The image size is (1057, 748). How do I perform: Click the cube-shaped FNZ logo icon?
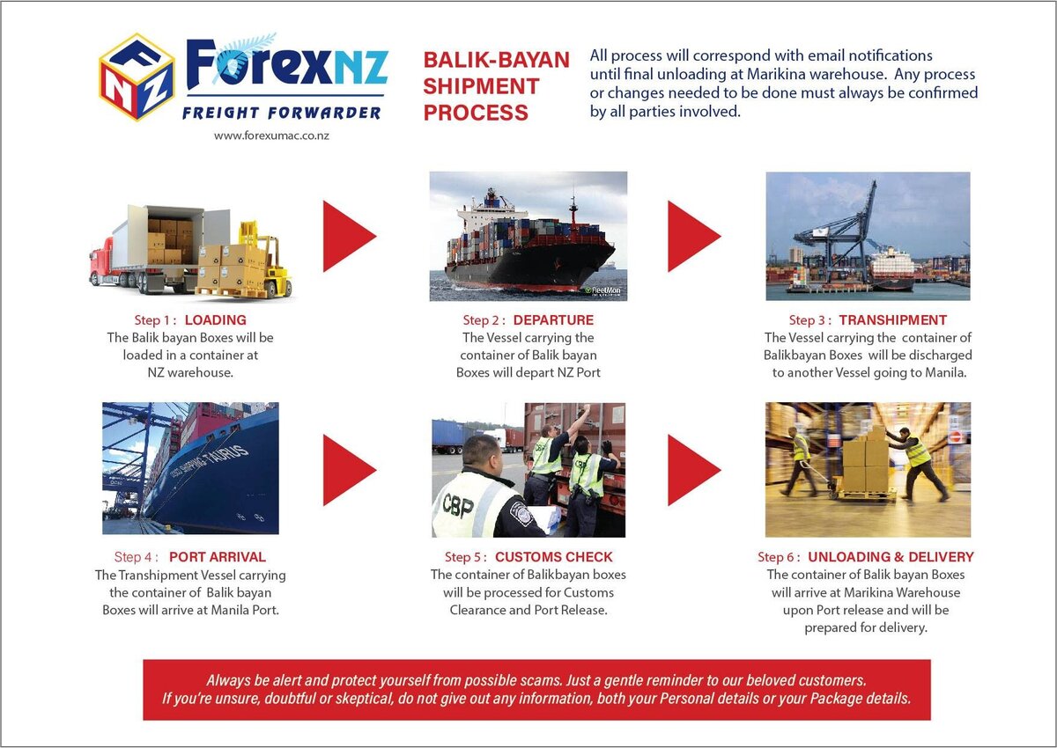tap(136, 77)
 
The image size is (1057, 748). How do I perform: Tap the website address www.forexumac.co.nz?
tap(271, 136)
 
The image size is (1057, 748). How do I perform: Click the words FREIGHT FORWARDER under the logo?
tap(281, 112)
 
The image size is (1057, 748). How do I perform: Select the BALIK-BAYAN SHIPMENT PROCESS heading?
tap(495, 86)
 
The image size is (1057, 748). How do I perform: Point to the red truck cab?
tap(107, 262)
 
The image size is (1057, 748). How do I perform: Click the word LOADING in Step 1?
tap(215, 320)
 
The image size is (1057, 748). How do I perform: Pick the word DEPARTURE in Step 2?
tap(553, 320)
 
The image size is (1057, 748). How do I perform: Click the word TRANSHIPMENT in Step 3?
tap(892, 320)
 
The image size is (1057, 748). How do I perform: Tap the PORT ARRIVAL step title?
tap(217, 557)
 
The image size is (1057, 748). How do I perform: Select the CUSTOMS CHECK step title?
tap(553, 557)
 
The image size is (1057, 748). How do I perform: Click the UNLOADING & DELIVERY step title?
tap(891, 557)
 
